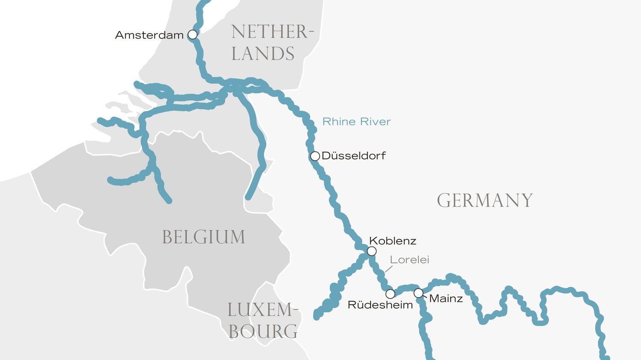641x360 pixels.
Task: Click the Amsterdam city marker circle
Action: coord(193,35)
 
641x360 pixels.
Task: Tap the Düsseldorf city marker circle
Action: coord(315,156)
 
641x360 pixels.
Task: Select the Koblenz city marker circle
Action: coord(372,251)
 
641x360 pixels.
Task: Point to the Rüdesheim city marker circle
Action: coord(390,294)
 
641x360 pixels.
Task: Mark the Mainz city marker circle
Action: coord(418,293)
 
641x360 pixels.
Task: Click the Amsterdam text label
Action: coord(149,35)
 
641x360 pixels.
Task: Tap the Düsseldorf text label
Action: coord(353,156)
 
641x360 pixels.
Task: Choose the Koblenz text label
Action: coord(392,241)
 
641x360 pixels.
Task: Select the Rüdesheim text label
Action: coord(380,305)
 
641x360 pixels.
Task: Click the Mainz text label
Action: coord(446,299)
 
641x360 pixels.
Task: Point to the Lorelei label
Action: coord(409,260)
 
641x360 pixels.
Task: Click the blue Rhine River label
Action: coord(356,122)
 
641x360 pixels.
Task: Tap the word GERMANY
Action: coord(485,200)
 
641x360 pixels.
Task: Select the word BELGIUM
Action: coord(203,237)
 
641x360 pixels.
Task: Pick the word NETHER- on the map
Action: coord(272,32)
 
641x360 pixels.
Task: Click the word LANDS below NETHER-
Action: coord(263,54)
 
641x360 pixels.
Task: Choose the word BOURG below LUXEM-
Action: coord(263,331)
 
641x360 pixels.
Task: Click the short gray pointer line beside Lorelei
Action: coord(388,269)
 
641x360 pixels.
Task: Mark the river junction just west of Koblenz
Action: coord(365,256)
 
